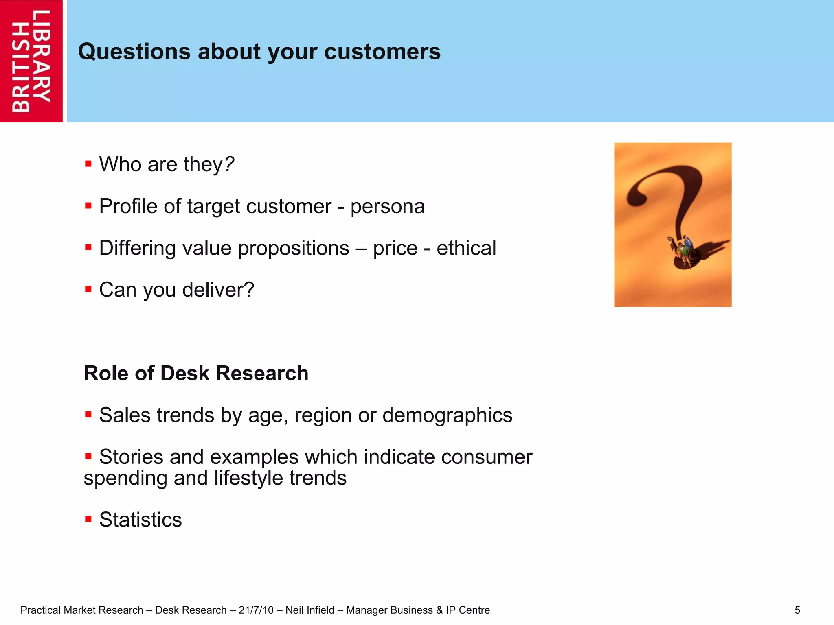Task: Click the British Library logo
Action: (31, 61)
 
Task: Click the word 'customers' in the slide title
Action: (382, 52)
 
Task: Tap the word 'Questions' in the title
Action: (134, 52)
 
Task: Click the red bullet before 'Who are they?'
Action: (88, 164)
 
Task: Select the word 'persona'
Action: (387, 207)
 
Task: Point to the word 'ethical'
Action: (466, 248)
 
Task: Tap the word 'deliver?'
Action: (218, 290)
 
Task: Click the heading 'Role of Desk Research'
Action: (196, 373)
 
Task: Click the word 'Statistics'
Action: (140, 520)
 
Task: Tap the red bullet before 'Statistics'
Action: (88, 519)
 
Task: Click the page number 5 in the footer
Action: (797, 610)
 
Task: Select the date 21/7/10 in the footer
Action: (256, 610)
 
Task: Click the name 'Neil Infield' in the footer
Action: (310, 610)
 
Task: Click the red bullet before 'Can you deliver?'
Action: (88, 289)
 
